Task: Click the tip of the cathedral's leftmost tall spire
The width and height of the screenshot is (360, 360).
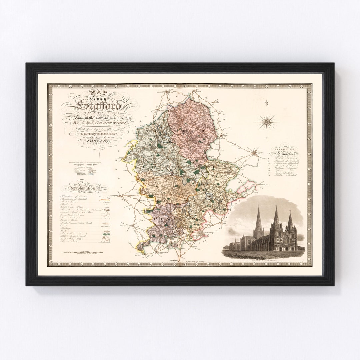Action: click(x=259, y=207)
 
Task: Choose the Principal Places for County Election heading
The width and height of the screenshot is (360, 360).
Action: click(x=85, y=162)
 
